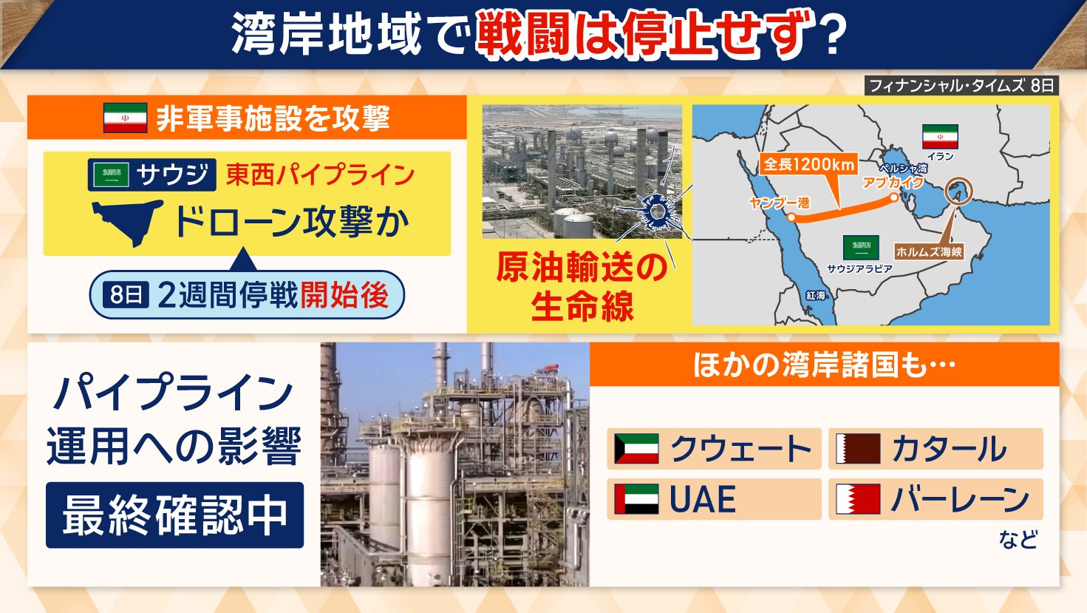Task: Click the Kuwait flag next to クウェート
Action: click(636, 448)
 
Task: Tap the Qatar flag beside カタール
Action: click(858, 448)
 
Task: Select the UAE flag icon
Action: click(636, 499)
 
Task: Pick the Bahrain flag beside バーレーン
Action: click(858, 499)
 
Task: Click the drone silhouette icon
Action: click(128, 222)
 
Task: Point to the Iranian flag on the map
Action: click(940, 137)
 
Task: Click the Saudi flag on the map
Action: click(861, 248)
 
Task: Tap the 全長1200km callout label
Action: click(809, 165)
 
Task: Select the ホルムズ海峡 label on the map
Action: click(929, 251)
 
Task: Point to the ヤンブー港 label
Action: click(780, 203)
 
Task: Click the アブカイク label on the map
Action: click(893, 183)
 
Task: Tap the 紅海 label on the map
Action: click(815, 295)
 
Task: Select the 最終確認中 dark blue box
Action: click(174, 515)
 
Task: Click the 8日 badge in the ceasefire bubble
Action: click(126, 294)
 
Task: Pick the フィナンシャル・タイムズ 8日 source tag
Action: click(961, 86)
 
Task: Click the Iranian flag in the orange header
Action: click(125, 118)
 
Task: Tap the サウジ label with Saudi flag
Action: click(152, 175)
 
